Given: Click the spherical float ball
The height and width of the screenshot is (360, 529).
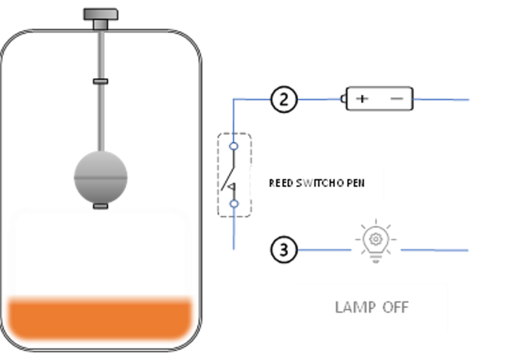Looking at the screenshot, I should (x=101, y=176).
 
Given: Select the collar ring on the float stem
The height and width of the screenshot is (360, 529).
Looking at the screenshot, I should (x=100, y=81).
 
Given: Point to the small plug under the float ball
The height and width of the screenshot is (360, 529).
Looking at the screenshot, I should (x=101, y=206).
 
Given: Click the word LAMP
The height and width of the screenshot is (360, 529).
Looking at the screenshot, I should (x=354, y=308).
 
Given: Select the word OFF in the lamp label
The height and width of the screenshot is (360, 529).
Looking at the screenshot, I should (x=395, y=308).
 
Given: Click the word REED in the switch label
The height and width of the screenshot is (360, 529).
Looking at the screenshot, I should (x=281, y=184).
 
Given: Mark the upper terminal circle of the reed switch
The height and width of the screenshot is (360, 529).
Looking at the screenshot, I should (x=234, y=146).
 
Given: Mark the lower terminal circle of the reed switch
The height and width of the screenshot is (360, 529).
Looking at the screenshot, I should (x=234, y=203).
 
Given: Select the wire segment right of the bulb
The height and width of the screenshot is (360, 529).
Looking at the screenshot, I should (x=435, y=250).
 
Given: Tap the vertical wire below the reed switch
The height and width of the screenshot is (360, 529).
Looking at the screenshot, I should (x=234, y=232).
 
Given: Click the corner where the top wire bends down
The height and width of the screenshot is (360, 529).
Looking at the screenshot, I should (x=234, y=100).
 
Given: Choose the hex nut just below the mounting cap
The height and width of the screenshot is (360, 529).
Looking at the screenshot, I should (x=101, y=24).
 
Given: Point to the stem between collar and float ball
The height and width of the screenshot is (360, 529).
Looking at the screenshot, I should (x=100, y=116).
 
